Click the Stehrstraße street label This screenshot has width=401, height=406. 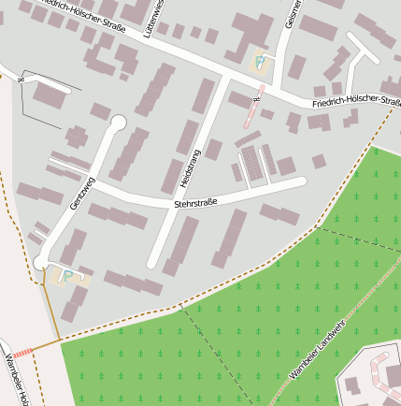pyautogui.click(x=195, y=202)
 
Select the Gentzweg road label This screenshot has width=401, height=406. pyautogui.click(x=81, y=191)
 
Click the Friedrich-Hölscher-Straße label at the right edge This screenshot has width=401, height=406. pyautogui.click(x=357, y=101)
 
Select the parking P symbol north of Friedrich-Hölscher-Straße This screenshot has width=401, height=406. pyautogui.click(x=260, y=63)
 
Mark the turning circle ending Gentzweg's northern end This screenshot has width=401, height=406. pyautogui.click(x=118, y=122)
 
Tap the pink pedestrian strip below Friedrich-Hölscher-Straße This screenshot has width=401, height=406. pyautogui.click(x=251, y=110)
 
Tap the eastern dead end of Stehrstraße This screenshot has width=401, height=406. pyautogui.click(x=301, y=182)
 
